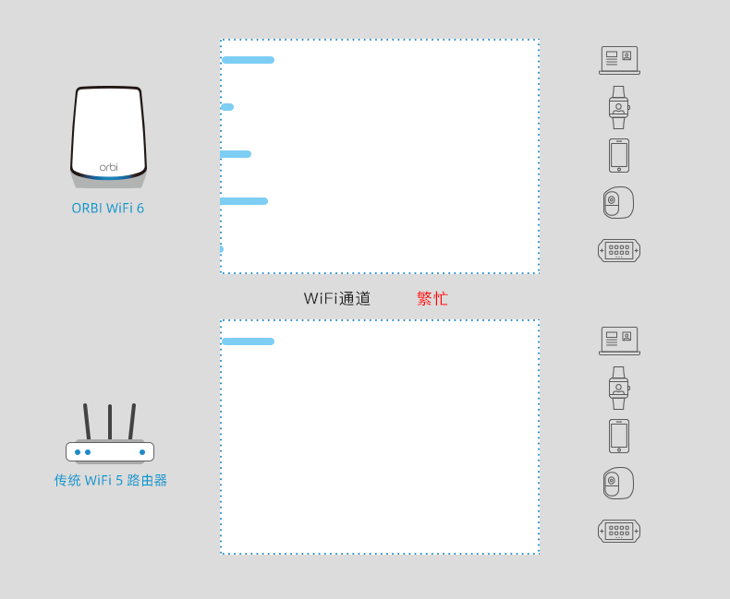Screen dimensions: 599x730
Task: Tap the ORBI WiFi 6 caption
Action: (108, 209)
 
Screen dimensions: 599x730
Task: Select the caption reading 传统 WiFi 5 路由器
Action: (111, 481)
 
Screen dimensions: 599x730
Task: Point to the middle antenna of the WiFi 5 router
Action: (110, 422)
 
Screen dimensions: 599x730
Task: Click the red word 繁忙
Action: (432, 299)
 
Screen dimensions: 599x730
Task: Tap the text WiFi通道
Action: (337, 299)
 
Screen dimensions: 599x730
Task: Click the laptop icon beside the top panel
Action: (619, 60)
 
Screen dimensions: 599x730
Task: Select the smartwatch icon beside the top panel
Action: (619, 107)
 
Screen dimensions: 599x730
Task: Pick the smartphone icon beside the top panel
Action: (619, 155)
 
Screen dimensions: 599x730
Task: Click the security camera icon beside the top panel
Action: (618, 203)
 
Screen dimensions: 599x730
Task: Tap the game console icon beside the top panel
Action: (619, 250)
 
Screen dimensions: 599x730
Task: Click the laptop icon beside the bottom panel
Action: (619, 341)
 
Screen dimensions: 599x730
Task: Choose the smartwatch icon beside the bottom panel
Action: (619, 388)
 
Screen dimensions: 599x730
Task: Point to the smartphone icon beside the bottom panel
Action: (619, 436)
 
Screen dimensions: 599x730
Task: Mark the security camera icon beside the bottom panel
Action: (618, 484)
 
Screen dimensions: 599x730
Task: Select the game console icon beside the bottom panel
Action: (619, 531)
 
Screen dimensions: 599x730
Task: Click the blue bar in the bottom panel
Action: (248, 341)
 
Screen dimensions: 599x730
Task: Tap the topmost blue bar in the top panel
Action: (248, 60)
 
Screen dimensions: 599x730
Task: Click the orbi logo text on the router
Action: (109, 167)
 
